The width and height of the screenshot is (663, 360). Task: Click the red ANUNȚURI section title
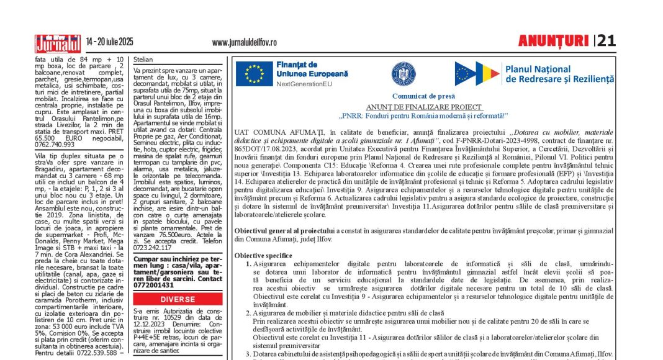tap(553, 41)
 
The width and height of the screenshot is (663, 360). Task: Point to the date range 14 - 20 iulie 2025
tap(110, 42)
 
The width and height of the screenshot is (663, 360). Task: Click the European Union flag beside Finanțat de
tap(255, 73)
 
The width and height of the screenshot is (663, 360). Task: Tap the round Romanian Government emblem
tap(404, 74)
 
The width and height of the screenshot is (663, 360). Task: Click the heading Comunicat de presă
tap(423, 96)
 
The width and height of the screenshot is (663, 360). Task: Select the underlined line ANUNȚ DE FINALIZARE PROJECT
tap(423, 107)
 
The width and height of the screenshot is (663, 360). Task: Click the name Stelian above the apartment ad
tap(143, 60)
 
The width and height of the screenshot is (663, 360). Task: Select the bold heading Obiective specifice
tap(263, 256)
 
